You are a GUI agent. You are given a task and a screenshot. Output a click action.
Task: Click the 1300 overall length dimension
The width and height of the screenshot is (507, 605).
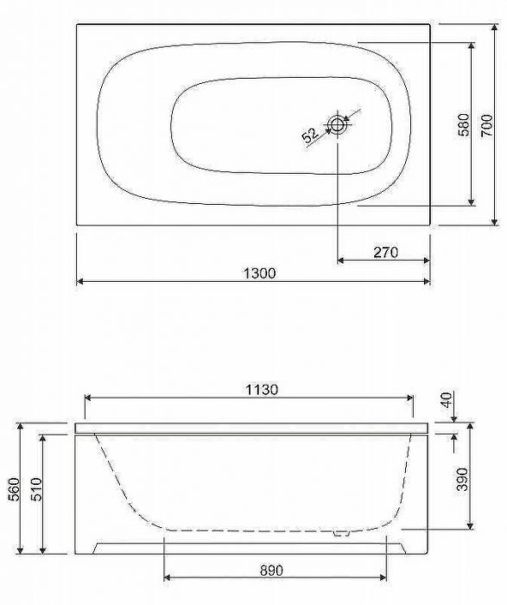[260, 273]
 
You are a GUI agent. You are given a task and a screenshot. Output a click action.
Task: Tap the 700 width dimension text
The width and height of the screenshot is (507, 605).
[487, 124]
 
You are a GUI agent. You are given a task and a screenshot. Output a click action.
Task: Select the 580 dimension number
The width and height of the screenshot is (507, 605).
[464, 124]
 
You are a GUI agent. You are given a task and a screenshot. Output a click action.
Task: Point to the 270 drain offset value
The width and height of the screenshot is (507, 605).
[385, 252]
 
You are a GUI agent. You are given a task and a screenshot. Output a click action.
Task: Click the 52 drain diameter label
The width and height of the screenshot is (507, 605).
[310, 136]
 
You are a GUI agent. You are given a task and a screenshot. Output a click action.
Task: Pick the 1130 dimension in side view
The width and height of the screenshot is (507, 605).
[262, 389]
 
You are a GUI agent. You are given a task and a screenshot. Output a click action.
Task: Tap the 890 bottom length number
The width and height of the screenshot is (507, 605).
[271, 570]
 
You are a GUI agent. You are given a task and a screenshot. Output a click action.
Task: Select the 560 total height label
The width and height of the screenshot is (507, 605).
[15, 489]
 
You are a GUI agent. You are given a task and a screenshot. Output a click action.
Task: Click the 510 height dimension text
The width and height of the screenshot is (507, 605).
[37, 489]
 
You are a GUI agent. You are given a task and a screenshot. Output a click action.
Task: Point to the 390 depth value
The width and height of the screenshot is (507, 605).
[462, 479]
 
